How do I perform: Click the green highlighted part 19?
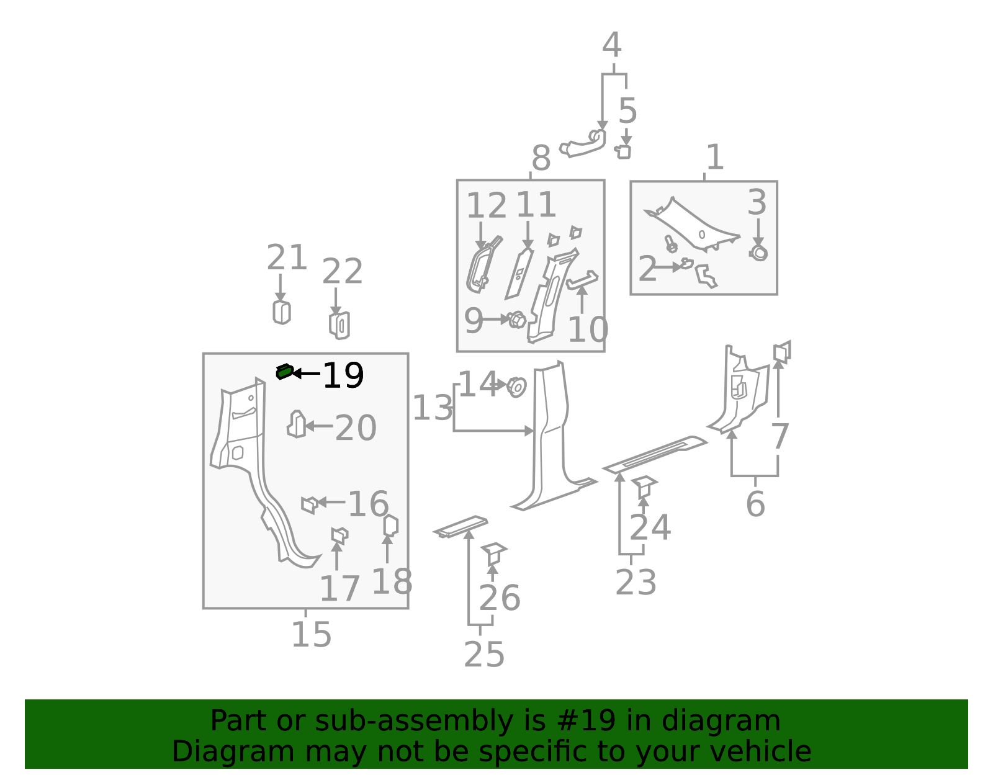[284, 372]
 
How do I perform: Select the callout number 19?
[343, 375]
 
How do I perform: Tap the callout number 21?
[287, 257]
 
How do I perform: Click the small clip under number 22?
[339, 325]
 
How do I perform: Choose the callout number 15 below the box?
[311, 635]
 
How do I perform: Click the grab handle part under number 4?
[583, 143]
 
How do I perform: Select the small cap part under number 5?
[623, 151]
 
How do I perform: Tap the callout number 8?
[541, 158]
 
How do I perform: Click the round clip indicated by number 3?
[758, 253]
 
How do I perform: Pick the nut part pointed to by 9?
[517, 319]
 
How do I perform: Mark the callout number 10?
[588, 329]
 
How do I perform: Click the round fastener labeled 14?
[517, 387]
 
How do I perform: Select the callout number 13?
[433, 408]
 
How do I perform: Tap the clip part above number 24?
[644, 487]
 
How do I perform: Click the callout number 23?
[636, 582]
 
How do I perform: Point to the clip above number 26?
[494, 554]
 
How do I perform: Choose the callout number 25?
[484, 655]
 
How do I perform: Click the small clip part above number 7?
[782, 352]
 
